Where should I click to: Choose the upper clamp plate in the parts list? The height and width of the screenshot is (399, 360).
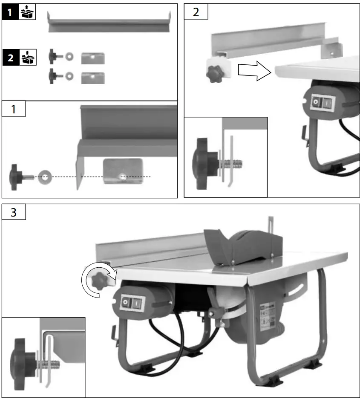point(93,58)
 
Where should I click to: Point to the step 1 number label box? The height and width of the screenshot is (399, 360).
point(14,109)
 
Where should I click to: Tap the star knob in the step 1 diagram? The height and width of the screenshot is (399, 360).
point(18,176)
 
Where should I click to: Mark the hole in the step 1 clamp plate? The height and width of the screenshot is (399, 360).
point(122,176)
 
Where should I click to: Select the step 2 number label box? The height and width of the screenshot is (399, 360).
point(196,12)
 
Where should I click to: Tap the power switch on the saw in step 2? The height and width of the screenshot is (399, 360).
point(322,102)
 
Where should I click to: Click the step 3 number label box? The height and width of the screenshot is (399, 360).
point(14,211)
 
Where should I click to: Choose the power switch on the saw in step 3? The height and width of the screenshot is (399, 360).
point(132,303)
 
